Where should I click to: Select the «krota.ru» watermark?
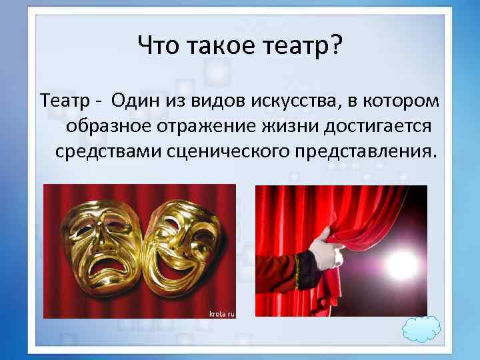click(x=221, y=312)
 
